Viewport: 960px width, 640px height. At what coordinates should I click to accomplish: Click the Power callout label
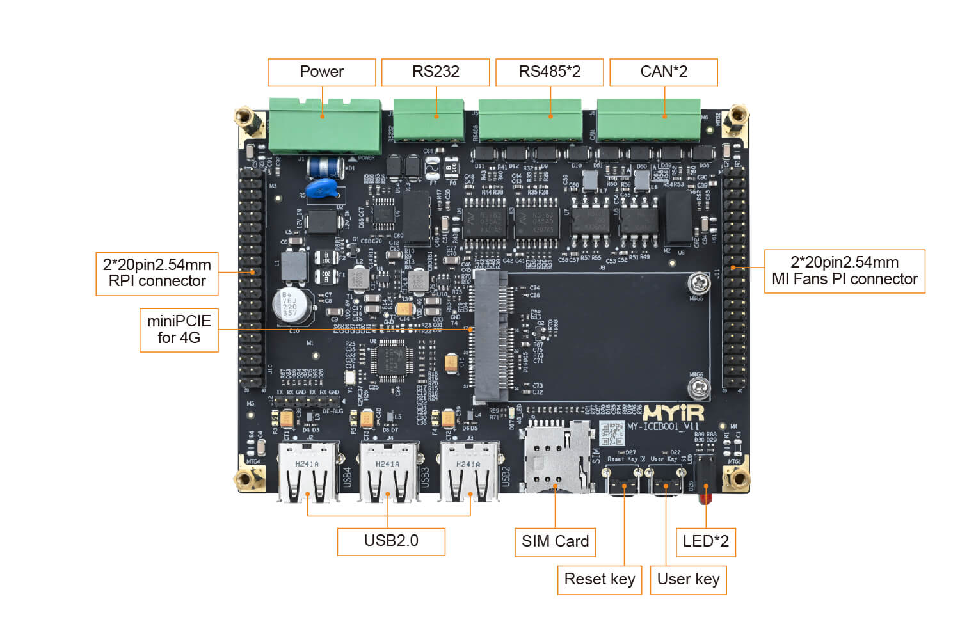(321, 72)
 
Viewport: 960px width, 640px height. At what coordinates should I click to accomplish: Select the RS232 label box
(435, 72)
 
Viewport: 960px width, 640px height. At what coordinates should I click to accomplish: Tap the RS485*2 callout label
(549, 72)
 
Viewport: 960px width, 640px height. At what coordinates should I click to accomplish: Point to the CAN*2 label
(663, 72)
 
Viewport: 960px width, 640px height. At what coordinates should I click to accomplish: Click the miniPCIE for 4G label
(179, 330)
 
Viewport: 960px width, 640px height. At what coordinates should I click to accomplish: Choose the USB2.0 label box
(390, 541)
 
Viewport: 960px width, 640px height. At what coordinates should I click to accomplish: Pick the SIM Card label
(555, 541)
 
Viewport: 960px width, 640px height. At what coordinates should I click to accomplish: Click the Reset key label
(599, 579)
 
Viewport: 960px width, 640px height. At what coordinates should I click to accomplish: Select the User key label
(688, 579)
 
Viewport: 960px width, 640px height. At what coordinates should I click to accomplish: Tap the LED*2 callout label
(705, 541)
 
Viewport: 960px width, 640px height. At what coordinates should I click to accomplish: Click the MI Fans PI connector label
(844, 271)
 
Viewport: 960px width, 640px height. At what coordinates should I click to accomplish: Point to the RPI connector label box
(157, 273)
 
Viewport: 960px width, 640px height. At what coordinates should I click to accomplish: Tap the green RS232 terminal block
(428, 119)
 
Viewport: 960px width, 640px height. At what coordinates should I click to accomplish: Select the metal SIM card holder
(556, 456)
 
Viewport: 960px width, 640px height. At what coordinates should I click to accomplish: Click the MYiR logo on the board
(673, 413)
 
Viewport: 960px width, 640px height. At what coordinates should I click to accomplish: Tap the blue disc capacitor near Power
(323, 188)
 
